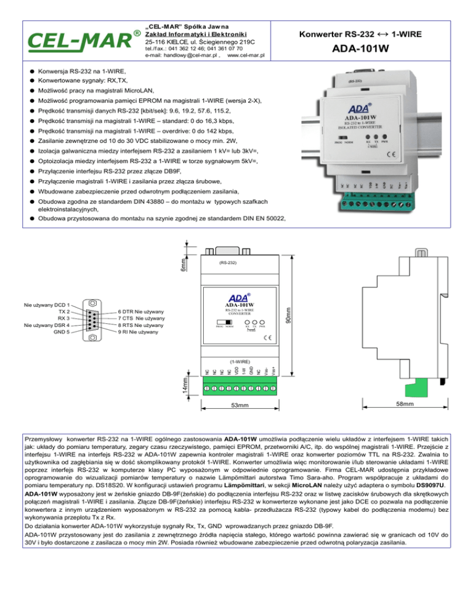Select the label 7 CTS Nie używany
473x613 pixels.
point(141,318)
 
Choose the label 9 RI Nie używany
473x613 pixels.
point(139,332)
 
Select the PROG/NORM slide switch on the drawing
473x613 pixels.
point(225,322)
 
